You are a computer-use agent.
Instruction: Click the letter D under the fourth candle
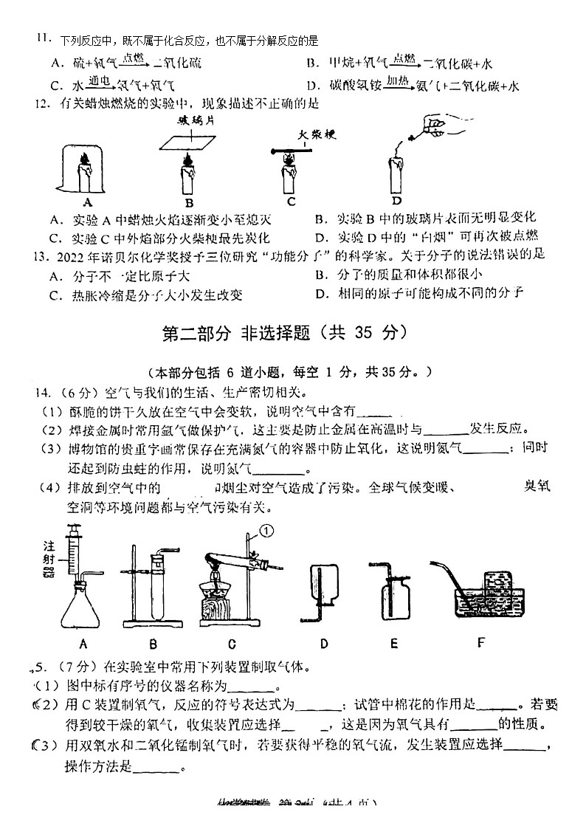396,201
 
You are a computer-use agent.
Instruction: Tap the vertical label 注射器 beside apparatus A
49,563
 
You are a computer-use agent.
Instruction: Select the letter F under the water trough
481,641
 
